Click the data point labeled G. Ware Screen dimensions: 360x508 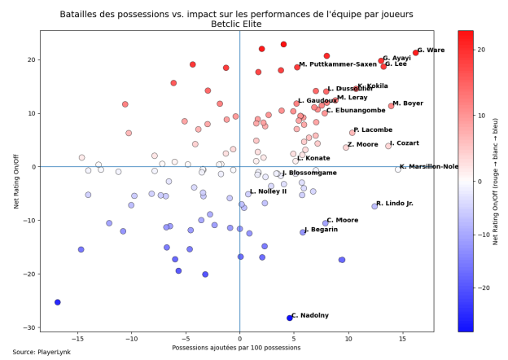click(415, 53)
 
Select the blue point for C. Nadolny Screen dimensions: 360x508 click(289, 318)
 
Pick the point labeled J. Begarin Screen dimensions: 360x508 click(303, 232)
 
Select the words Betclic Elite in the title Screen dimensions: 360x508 click(237, 24)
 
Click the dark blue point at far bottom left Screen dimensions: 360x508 click(57, 302)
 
